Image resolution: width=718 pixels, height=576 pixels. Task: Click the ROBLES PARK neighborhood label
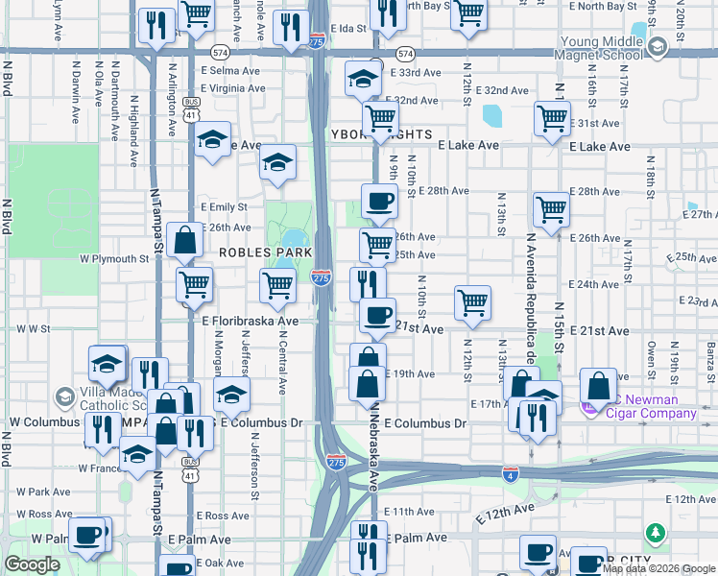(x=264, y=252)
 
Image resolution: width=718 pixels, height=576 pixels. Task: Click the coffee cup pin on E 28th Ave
(x=379, y=202)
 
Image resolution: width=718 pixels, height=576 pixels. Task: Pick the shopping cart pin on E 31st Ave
(x=552, y=120)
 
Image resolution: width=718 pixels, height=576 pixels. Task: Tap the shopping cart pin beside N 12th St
(x=472, y=303)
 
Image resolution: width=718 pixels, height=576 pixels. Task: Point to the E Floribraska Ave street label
(x=250, y=322)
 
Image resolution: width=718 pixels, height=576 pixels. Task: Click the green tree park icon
(x=656, y=532)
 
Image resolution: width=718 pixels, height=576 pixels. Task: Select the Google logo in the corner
(x=32, y=564)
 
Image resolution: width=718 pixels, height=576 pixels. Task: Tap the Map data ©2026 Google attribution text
(x=659, y=568)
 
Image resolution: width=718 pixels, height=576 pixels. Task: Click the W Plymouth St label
(x=113, y=258)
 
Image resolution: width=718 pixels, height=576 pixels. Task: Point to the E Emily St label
(x=224, y=206)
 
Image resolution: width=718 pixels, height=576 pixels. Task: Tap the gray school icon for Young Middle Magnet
(x=658, y=47)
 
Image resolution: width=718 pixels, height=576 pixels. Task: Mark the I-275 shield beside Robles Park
(x=322, y=277)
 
